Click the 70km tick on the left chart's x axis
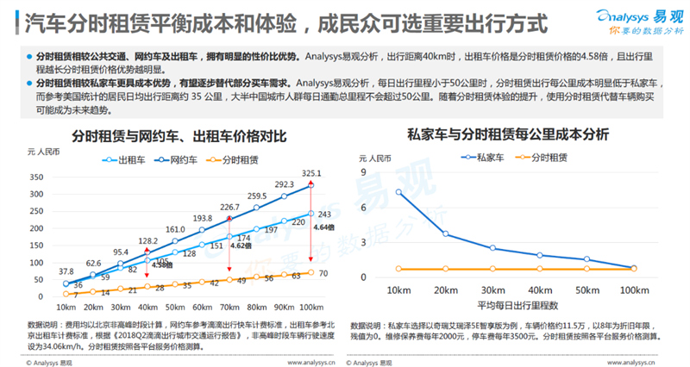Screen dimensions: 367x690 click(230, 308)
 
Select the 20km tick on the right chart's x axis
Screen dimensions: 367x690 click(445, 291)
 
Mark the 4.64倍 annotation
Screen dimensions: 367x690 click(299, 227)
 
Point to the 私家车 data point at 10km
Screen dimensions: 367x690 click(398, 191)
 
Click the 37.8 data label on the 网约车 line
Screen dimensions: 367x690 click(66, 271)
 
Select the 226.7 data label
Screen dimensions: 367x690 click(229, 207)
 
